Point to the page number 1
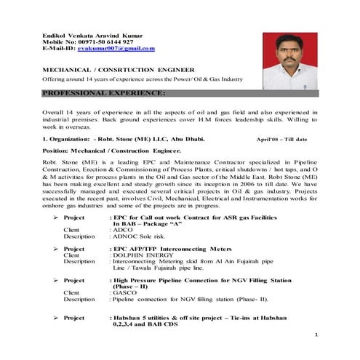[x=318, y=334]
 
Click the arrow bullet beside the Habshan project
[x=56, y=318]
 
